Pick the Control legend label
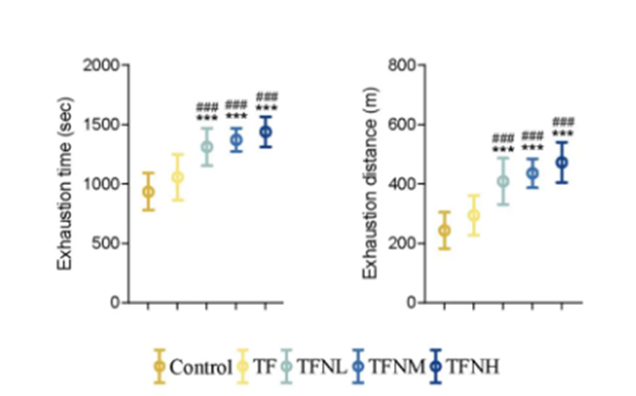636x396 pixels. (x=200, y=366)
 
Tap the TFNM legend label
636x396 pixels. (x=390, y=366)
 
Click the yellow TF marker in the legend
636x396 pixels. (x=242, y=365)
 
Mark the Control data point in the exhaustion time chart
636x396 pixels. (x=148, y=192)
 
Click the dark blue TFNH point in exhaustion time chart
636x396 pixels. (x=267, y=132)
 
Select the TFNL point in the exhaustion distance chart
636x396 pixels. (x=504, y=181)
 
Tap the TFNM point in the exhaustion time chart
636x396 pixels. (x=237, y=140)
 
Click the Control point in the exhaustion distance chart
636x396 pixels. (x=444, y=230)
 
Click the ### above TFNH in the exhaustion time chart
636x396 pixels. (x=267, y=97)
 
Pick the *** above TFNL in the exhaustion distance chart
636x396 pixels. (x=504, y=148)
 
